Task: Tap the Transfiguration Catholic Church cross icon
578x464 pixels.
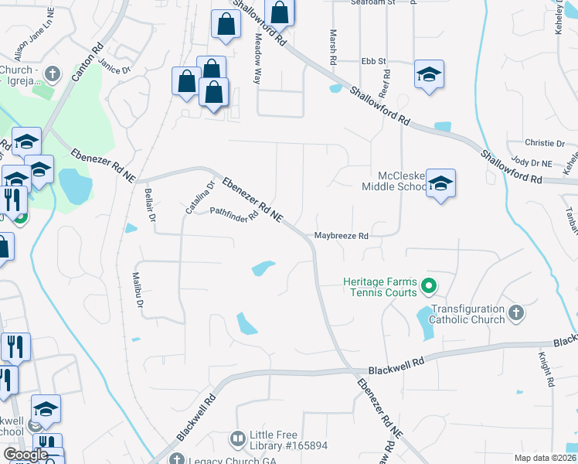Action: [516, 312]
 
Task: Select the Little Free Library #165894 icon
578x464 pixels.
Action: [237, 438]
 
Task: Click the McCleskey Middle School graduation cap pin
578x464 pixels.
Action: [440, 183]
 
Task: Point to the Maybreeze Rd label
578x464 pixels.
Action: [340, 236]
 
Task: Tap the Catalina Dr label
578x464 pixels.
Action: [199, 197]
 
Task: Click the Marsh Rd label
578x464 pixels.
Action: [333, 46]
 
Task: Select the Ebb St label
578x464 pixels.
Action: [373, 61]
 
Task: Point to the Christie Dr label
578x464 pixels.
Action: [545, 143]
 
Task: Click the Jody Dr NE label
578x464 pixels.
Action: [532, 163]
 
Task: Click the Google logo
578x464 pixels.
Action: [25, 455]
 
